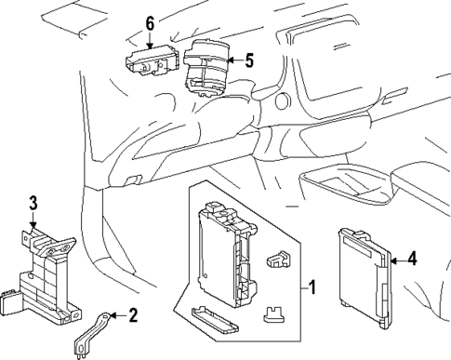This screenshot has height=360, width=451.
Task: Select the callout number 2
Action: click(x=133, y=315)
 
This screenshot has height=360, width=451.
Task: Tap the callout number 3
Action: click(x=33, y=202)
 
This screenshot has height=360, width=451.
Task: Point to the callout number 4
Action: click(x=413, y=260)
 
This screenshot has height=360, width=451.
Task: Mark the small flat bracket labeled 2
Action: click(x=90, y=332)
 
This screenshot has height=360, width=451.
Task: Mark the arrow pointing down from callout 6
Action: click(x=151, y=42)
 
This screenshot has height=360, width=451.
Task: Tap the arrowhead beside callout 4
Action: click(x=394, y=260)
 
